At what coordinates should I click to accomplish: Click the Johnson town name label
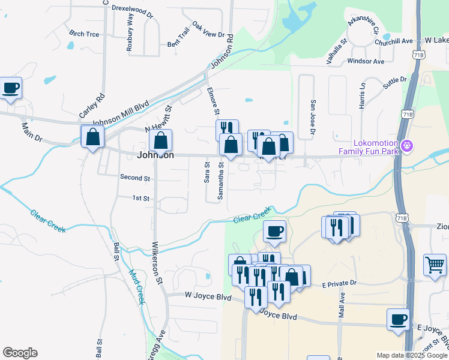coord(155,155)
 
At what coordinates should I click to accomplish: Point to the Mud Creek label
coord(136,286)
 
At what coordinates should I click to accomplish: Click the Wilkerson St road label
coord(157,263)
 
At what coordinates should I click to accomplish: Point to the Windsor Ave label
coord(366,61)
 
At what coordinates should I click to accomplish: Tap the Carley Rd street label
coord(92,105)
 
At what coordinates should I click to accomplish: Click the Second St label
coord(134,178)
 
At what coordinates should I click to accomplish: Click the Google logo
coord(20,353)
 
